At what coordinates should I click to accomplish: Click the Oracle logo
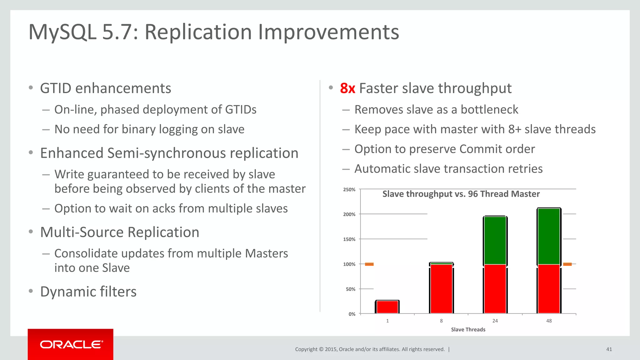pos(71,344)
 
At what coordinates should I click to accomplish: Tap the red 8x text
pos(347,88)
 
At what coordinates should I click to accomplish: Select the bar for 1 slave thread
pos(387,307)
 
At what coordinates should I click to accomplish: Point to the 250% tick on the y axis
pos(349,190)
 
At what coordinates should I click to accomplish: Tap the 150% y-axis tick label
pos(349,239)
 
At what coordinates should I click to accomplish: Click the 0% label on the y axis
pos(352,314)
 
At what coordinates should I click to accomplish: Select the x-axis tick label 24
pos(495,321)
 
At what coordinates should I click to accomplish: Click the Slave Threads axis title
pos(468,330)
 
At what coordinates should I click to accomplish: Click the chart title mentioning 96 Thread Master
pos(461,194)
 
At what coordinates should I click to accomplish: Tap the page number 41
pos(609,349)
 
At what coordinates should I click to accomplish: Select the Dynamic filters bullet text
pos(88,292)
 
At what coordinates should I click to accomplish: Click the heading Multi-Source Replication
pos(120,232)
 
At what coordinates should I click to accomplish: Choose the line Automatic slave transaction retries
pos(448,169)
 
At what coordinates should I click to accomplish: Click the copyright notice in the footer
pos(370,349)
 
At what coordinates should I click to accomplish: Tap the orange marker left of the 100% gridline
pos(369,264)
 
